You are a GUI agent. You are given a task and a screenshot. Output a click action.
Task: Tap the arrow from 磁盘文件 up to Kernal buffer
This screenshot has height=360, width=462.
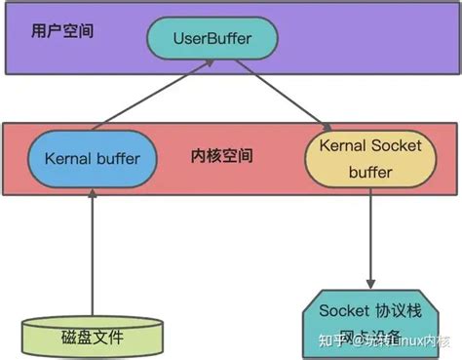click(x=92, y=254)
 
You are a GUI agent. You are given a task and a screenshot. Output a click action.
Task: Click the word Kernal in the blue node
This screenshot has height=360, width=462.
click(x=66, y=157)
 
